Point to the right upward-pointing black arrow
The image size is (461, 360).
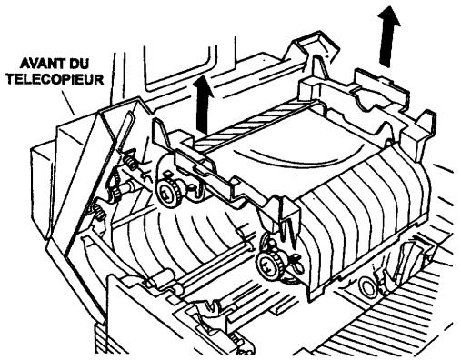(391, 35)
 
